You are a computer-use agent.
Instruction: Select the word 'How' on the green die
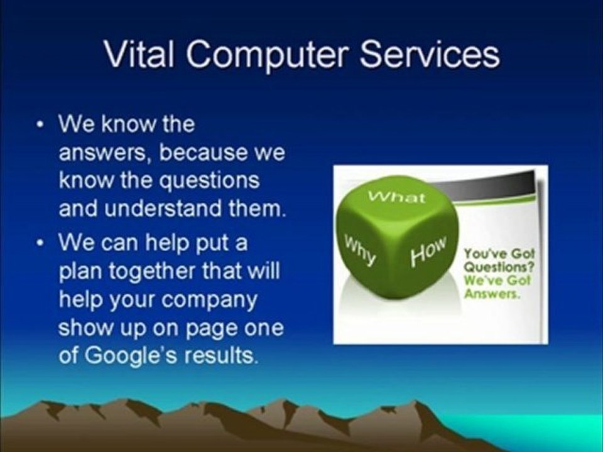pos(428,249)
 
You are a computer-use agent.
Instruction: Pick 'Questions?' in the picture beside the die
pos(497,264)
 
